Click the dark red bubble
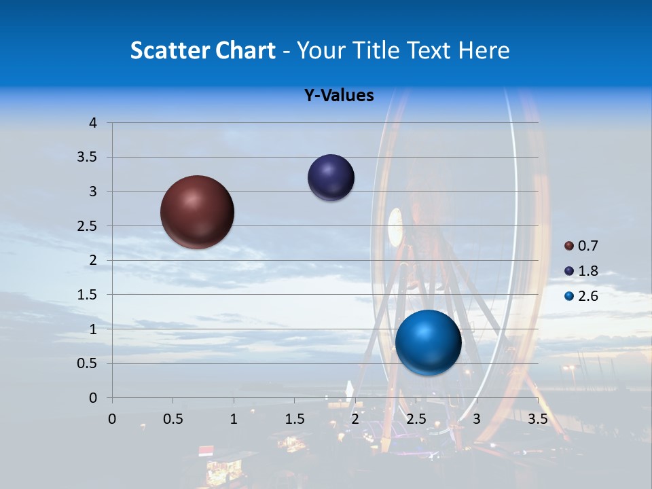197,212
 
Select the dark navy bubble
331,178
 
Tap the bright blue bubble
428,342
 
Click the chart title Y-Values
338,96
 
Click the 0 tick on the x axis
112,419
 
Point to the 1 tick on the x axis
234,419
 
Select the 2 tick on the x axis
355,419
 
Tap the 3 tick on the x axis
477,419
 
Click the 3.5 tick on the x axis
537,419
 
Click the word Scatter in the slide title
168,50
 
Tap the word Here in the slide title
484,50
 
